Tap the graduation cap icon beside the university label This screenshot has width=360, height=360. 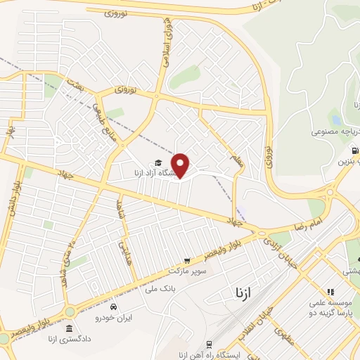point(149,164)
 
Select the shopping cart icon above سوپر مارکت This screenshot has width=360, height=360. point(186,260)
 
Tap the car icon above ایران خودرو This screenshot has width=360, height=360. point(113,307)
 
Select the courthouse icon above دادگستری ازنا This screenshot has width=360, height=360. point(68,329)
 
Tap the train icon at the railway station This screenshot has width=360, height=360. point(210,344)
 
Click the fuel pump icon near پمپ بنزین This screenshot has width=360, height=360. point(354,150)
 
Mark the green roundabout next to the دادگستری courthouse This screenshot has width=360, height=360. point(70,310)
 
